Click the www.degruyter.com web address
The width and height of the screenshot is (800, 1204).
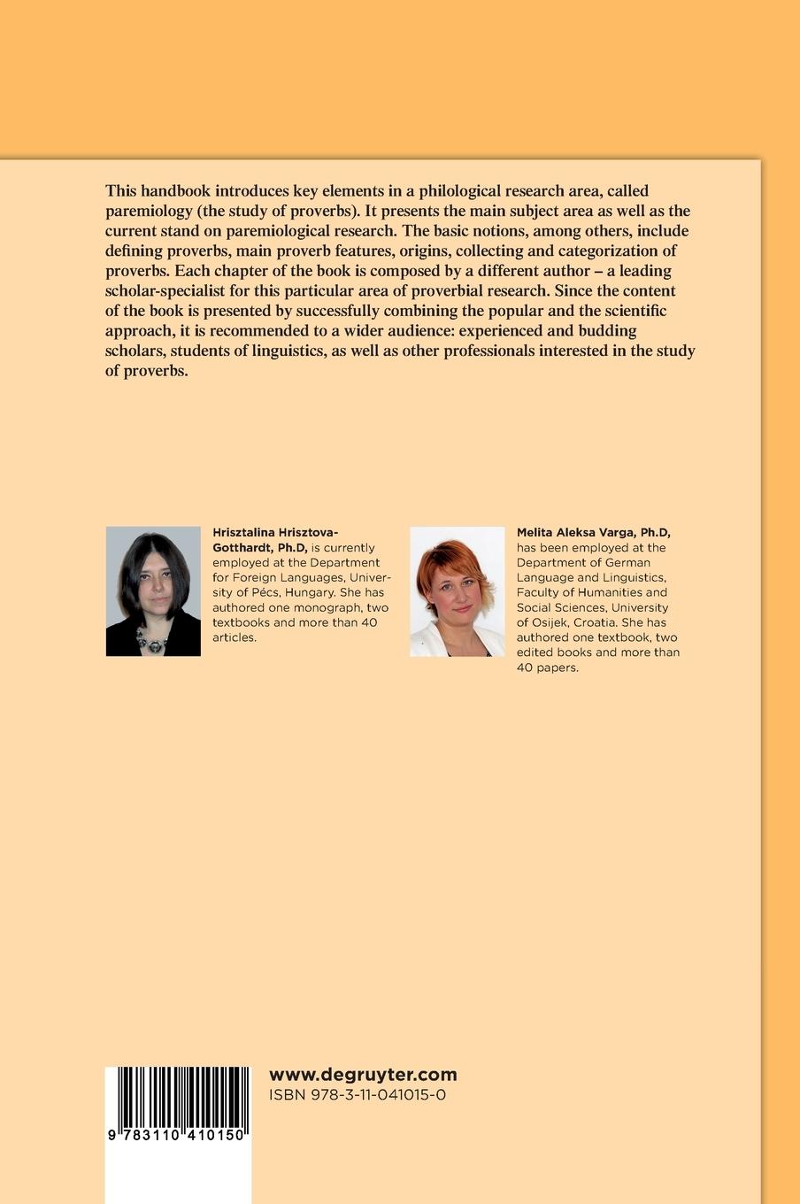coord(363,1075)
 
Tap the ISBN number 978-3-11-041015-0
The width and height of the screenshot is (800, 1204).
coord(357,1095)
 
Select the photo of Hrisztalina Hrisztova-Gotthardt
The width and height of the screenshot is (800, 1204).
coord(153,591)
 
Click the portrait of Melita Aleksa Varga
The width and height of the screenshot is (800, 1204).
coord(458,591)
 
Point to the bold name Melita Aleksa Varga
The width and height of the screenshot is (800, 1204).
coord(593,532)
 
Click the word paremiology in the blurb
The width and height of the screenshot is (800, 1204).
coord(150,211)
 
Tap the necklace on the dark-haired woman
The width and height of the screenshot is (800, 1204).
coord(153,643)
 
